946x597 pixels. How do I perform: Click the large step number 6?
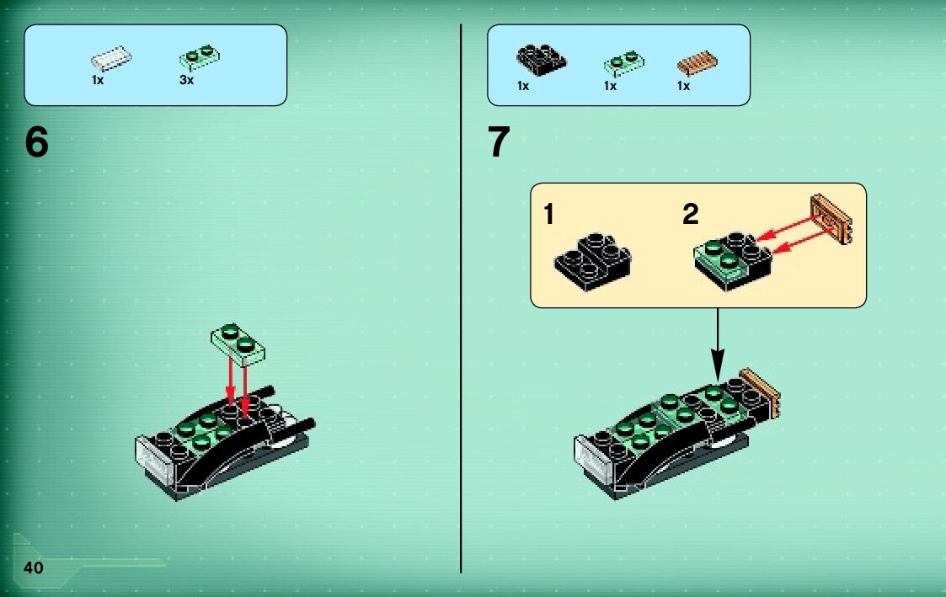point(36,142)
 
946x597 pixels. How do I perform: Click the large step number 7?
point(499,142)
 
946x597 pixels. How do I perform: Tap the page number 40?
point(33,568)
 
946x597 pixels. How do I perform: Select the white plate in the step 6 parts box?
point(111,58)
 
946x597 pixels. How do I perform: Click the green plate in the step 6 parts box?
point(200,58)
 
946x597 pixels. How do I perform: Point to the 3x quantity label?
point(186,80)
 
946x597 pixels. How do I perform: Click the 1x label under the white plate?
point(98,80)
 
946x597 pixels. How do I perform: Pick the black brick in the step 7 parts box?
point(541,60)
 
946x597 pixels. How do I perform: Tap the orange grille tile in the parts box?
point(697,62)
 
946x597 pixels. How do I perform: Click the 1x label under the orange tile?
point(683,86)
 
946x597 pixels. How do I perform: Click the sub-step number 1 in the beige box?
point(548,214)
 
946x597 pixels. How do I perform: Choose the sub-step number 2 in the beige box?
point(691,214)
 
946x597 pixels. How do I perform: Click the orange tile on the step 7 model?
point(760,392)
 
